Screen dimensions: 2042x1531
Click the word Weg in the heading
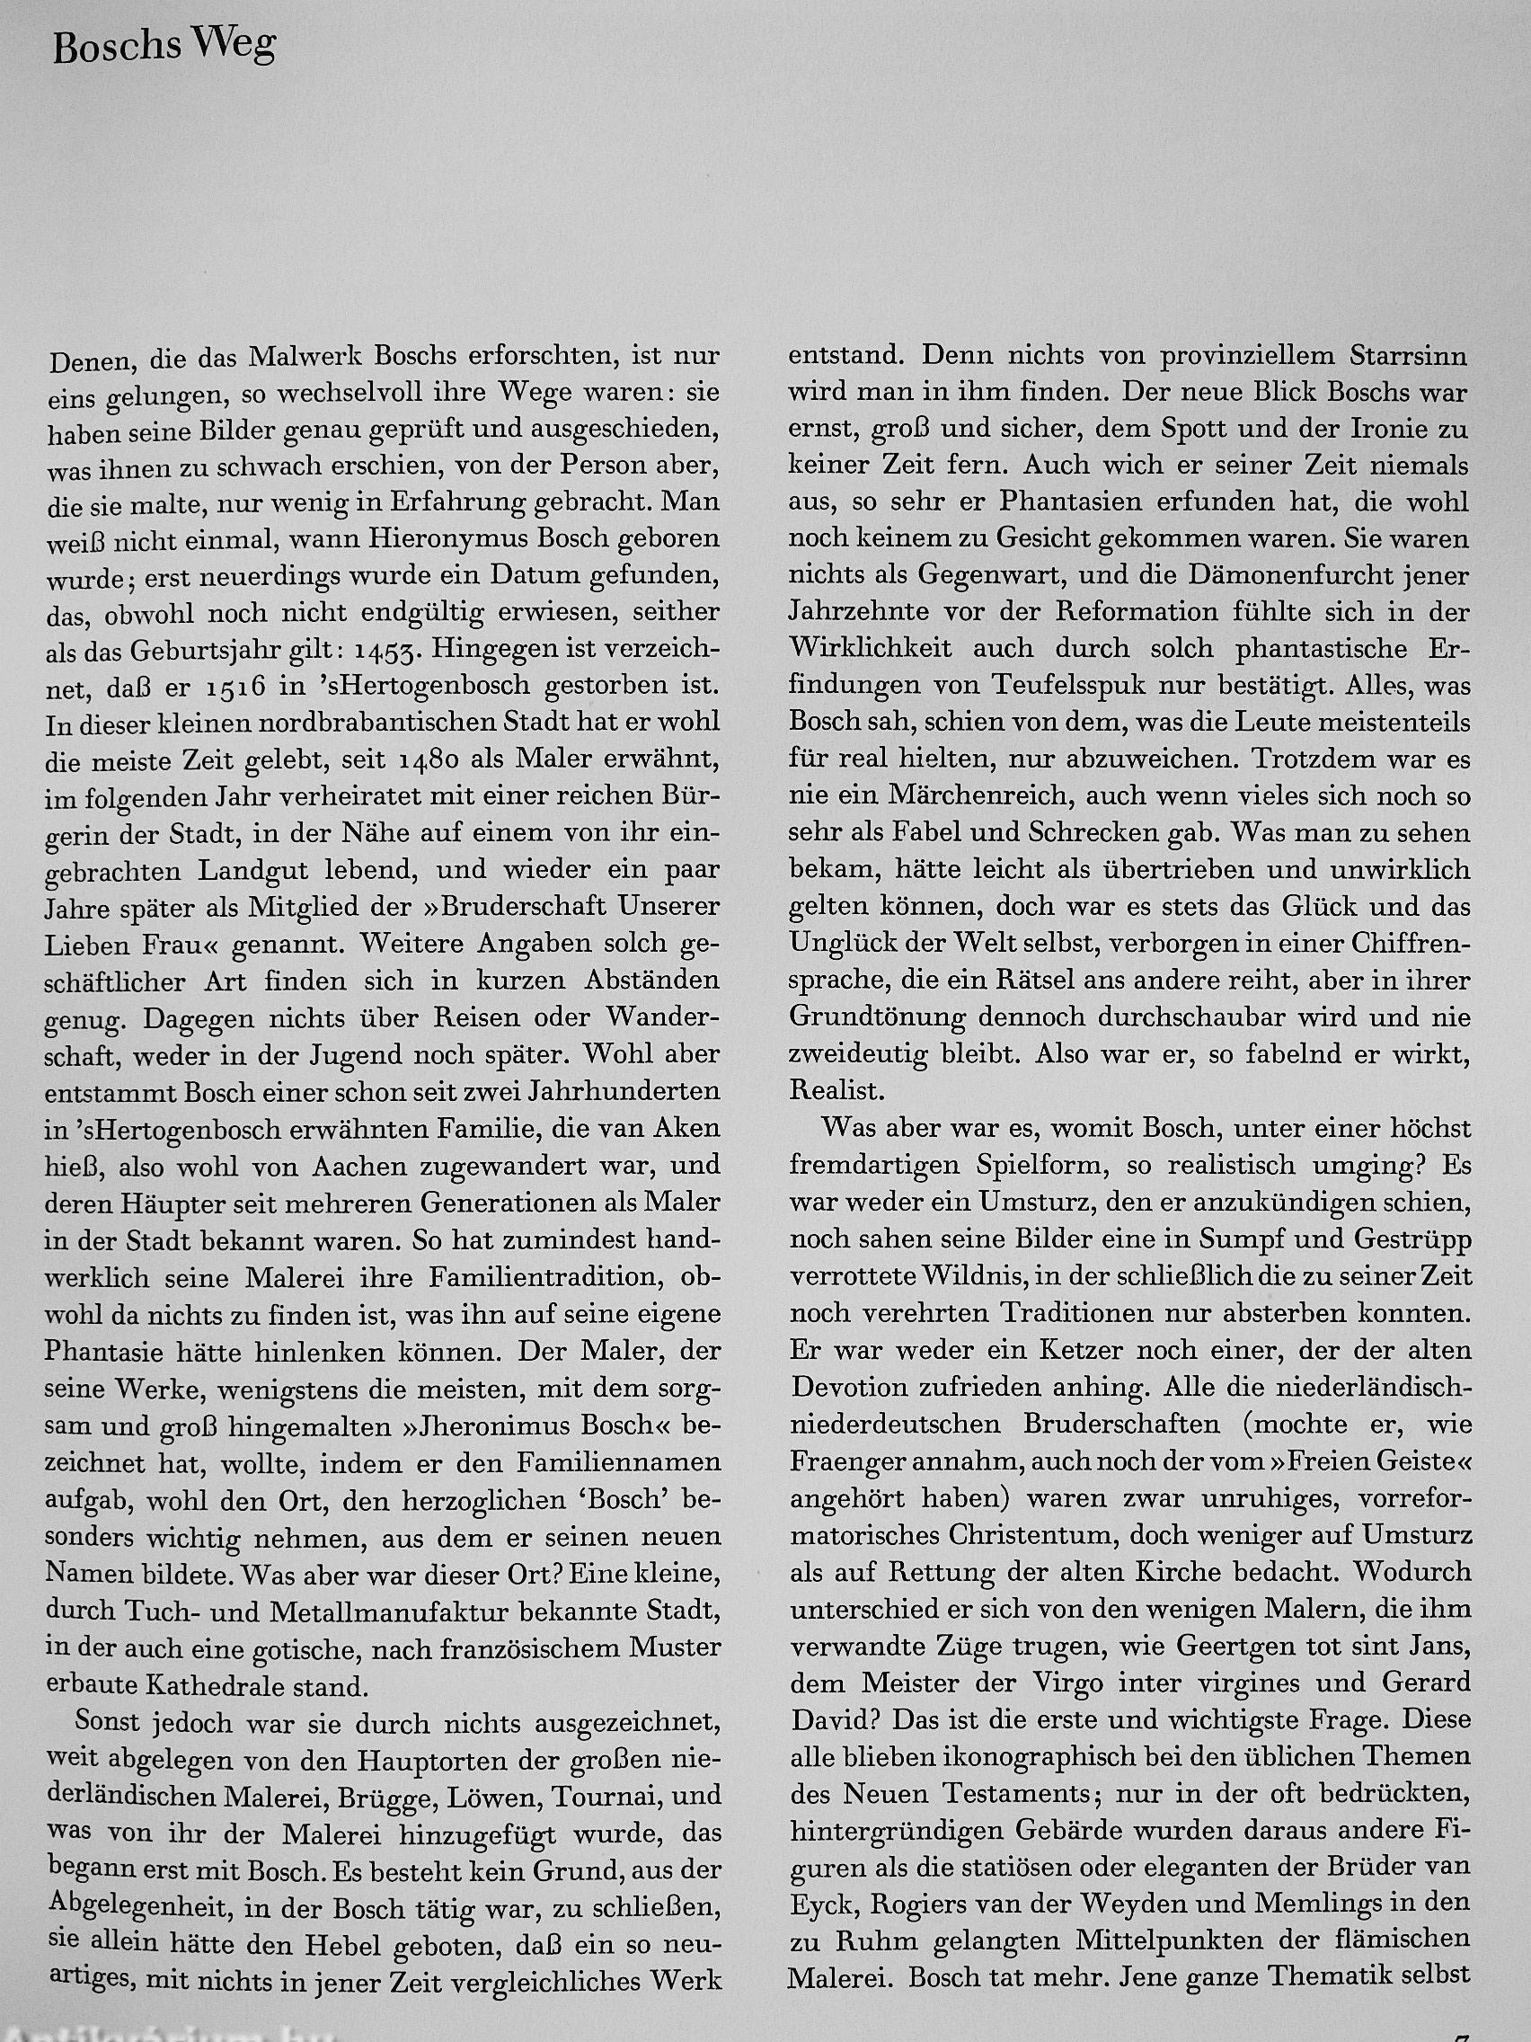coord(232,47)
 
